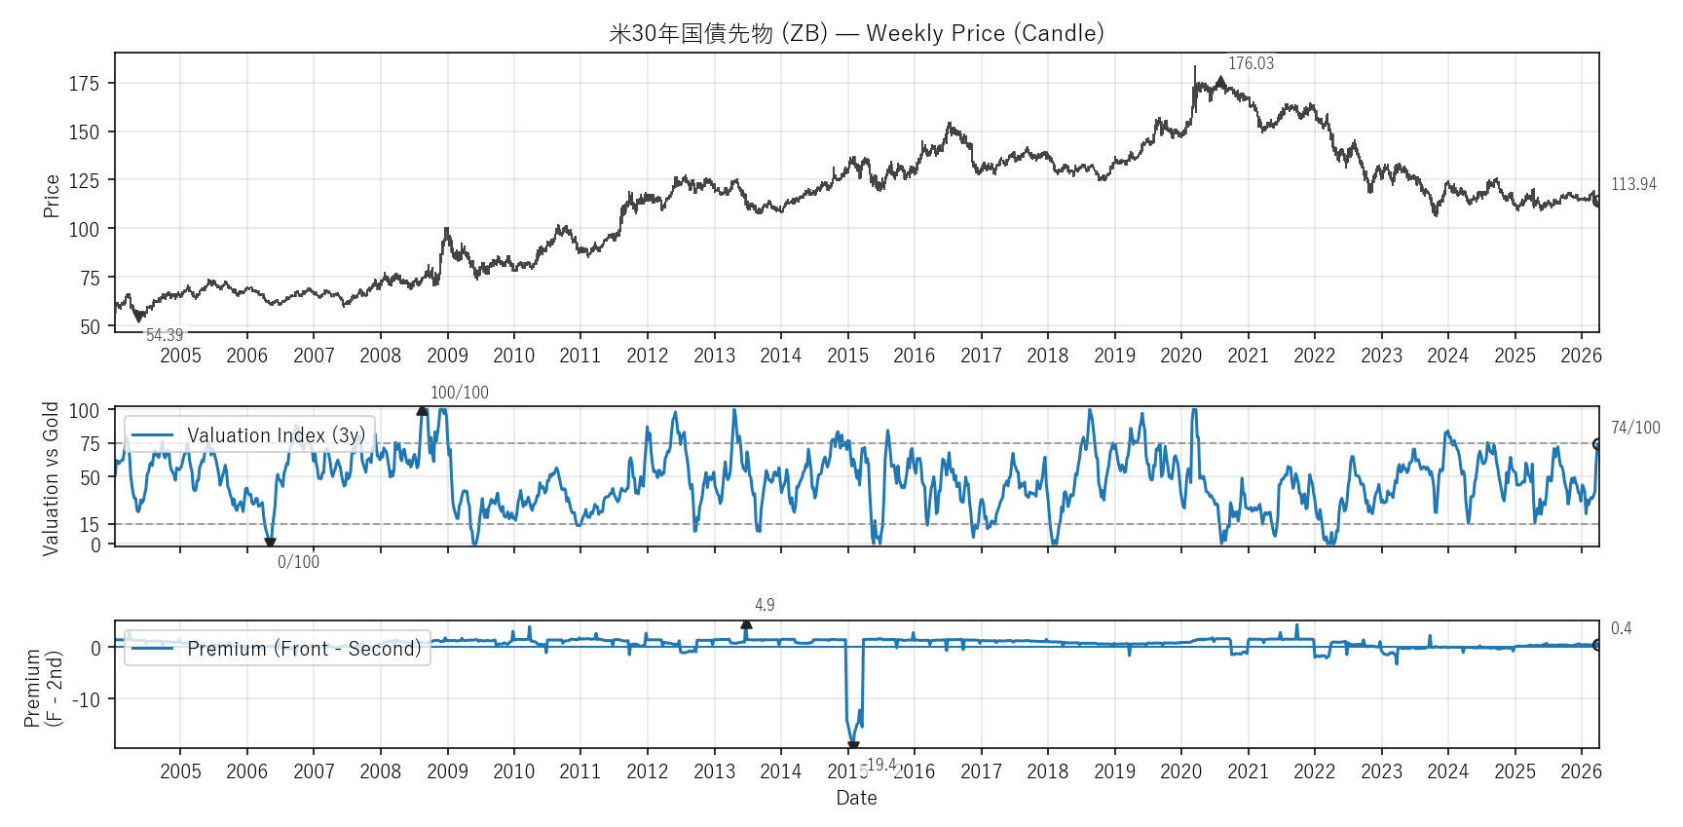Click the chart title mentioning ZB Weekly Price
click(856, 33)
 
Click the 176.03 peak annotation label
click(1251, 63)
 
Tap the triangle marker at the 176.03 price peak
click(1220, 82)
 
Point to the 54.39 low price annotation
click(165, 335)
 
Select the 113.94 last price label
click(1633, 184)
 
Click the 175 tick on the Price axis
click(84, 84)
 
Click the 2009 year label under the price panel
click(447, 356)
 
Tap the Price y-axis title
click(52, 195)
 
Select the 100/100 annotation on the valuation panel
click(460, 393)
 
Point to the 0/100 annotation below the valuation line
click(298, 562)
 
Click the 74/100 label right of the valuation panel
click(1635, 428)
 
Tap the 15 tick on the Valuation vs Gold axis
click(90, 525)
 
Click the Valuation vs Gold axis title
click(51, 478)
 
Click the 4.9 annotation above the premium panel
click(765, 605)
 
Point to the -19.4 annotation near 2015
click(881, 765)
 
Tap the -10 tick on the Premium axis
click(85, 699)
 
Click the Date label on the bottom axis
click(856, 798)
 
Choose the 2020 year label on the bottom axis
click(1180, 771)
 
